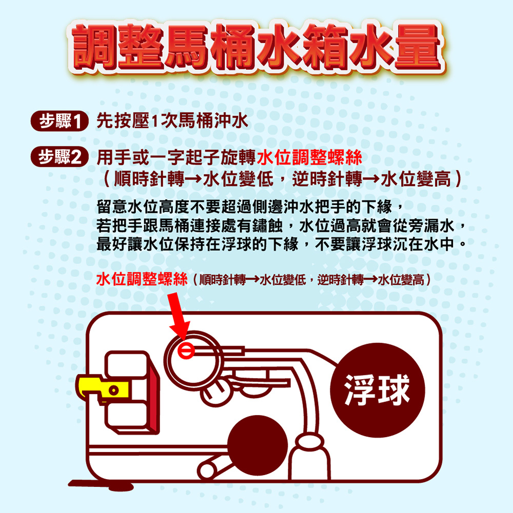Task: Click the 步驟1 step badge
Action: (x=58, y=122)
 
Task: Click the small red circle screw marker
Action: (x=186, y=351)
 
